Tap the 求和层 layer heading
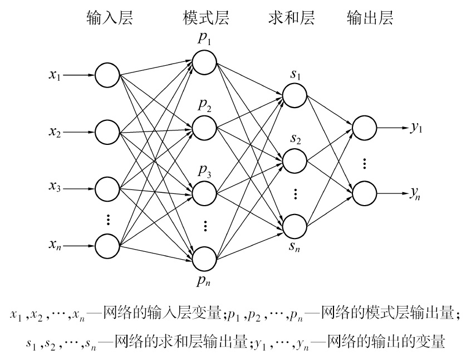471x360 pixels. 291,18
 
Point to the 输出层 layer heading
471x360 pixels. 370,18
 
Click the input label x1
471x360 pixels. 55,75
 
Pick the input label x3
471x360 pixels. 55,188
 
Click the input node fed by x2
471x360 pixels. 107,132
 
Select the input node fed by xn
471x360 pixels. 107,245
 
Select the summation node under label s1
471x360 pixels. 295,94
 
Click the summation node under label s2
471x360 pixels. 295,160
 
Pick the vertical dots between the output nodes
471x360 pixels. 364,163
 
